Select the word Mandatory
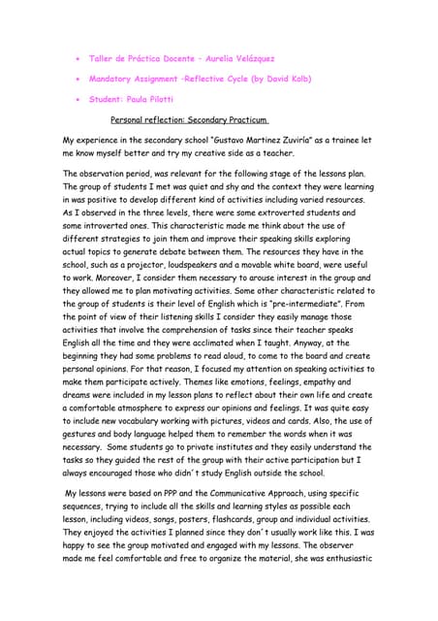point(115,79)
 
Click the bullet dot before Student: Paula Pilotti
point(76,99)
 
